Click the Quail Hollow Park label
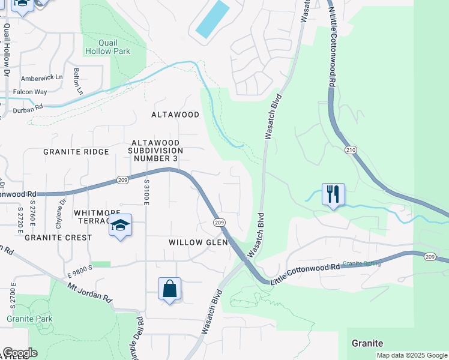coord(114,47)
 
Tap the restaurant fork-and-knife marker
coord(333,194)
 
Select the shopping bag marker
coord(170,289)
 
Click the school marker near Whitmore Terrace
coord(120,226)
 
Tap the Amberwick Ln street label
coord(42,77)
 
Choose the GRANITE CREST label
coord(58,238)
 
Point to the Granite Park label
coord(30,319)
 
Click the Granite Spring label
coord(363,263)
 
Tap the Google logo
coord(20,353)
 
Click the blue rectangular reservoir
coord(212,19)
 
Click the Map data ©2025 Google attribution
coord(412,355)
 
